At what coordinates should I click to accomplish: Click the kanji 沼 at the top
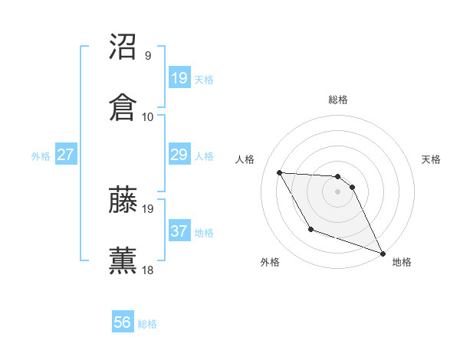[x=123, y=47]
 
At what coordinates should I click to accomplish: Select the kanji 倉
[x=123, y=107]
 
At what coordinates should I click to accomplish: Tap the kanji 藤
[x=123, y=199]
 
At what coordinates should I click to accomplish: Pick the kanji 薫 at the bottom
[x=123, y=260]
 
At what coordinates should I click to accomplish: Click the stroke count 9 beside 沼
[x=148, y=56]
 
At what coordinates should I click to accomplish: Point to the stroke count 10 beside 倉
[x=148, y=116]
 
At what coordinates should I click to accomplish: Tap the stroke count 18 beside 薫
[x=148, y=269]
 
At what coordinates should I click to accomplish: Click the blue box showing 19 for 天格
[x=179, y=77]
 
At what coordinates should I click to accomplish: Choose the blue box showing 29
[x=179, y=154]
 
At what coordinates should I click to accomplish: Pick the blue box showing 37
[x=179, y=231]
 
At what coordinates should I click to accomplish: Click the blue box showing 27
[x=66, y=154]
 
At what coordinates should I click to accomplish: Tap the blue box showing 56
[x=123, y=322]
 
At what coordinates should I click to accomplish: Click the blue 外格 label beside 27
[x=41, y=155]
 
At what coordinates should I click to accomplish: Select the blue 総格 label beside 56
[x=147, y=324]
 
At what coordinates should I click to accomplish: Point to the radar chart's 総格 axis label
[x=338, y=100]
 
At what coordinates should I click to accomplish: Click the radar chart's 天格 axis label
[x=431, y=159]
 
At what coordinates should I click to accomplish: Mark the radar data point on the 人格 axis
[x=280, y=172]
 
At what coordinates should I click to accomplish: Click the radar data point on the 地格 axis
[x=383, y=253]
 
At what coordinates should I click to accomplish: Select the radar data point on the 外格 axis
[x=310, y=229]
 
